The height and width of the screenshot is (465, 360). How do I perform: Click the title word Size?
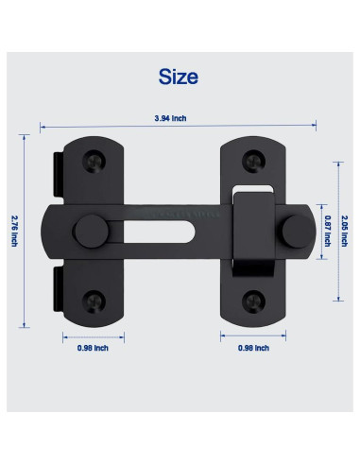[179, 76]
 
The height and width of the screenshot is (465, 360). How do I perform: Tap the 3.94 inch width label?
[179, 118]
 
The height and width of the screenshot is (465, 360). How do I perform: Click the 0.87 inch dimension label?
[327, 228]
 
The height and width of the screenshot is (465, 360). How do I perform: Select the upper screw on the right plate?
[252, 157]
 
